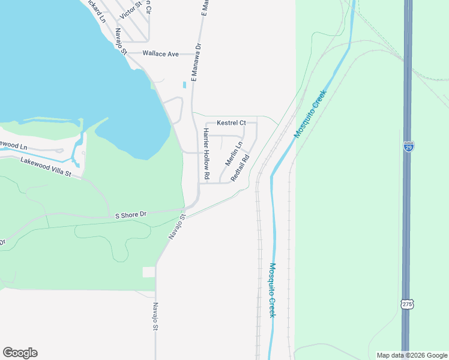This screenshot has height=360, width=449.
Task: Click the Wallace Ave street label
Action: [x=161, y=54]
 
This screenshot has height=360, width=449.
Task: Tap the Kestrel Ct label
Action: [x=231, y=123]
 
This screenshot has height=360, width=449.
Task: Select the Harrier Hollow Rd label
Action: [x=206, y=154]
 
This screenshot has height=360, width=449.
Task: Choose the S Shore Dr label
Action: [x=131, y=214]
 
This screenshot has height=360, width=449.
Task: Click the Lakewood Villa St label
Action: [x=46, y=167]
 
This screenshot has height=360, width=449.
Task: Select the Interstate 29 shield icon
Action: [x=408, y=146]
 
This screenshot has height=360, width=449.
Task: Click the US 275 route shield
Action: [x=407, y=305]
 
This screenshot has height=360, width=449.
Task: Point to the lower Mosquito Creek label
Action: [x=272, y=290]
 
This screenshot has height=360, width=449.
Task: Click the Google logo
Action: [x=20, y=353]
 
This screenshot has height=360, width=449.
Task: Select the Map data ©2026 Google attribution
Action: [x=411, y=355]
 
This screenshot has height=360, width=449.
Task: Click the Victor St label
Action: [x=130, y=8]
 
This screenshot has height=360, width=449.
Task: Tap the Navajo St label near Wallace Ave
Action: [x=121, y=42]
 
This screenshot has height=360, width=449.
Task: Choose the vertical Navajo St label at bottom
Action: [x=155, y=316]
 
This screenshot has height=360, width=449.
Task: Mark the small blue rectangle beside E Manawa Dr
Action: [x=185, y=85]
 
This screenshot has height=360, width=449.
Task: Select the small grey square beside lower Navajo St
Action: [x=148, y=272]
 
